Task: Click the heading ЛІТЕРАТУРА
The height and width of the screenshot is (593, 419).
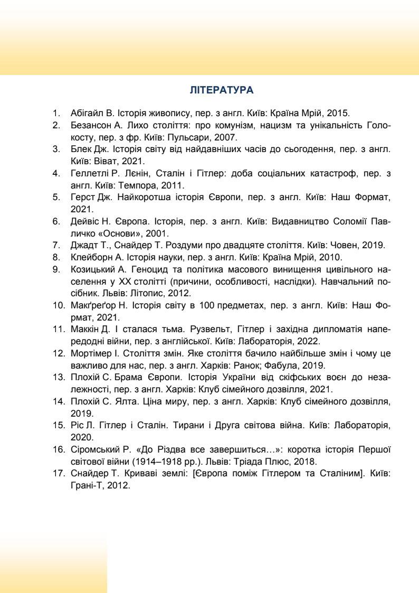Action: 221,90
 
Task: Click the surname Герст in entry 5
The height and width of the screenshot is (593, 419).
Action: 81,197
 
